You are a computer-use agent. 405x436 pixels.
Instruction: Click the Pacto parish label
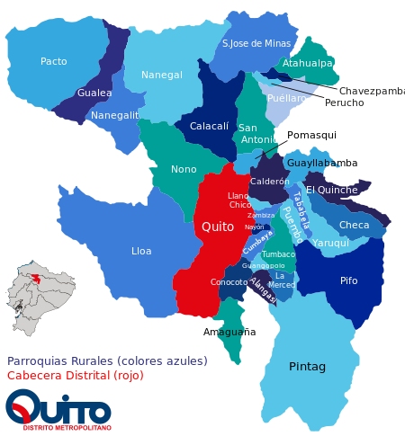(x=54, y=62)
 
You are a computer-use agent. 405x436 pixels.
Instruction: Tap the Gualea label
(x=94, y=93)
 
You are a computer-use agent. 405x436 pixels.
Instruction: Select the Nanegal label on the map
(x=162, y=76)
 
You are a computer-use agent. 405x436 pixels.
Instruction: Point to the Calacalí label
(x=209, y=127)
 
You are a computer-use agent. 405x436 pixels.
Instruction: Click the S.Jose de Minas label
(x=256, y=43)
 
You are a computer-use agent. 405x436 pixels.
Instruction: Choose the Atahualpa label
(x=307, y=64)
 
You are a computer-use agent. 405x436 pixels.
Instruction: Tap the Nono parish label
(x=184, y=169)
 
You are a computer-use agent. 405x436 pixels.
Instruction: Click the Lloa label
(x=141, y=251)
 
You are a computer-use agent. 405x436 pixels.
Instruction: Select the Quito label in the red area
(x=218, y=227)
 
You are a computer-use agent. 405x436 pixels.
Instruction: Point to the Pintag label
(x=307, y=367)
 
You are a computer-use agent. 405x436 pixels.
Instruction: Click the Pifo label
(x=348, y=280)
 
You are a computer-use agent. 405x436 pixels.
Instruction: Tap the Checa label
(x=354, y=226)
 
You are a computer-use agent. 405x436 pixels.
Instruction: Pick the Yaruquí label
(x=331, y=243)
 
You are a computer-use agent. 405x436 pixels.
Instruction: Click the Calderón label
(x=270, y=182)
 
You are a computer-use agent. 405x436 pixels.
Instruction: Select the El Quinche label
(x=331, y=190)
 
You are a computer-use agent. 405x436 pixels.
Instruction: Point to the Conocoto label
(x=229, y=282)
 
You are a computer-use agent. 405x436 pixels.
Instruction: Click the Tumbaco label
(x=278, y=254)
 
